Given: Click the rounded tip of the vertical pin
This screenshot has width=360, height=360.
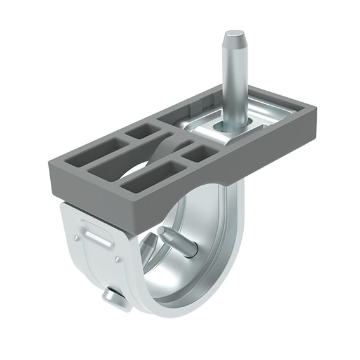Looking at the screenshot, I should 233,35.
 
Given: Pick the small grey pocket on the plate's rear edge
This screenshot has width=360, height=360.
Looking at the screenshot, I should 143,131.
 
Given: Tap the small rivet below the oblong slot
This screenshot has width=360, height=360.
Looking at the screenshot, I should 119,260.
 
